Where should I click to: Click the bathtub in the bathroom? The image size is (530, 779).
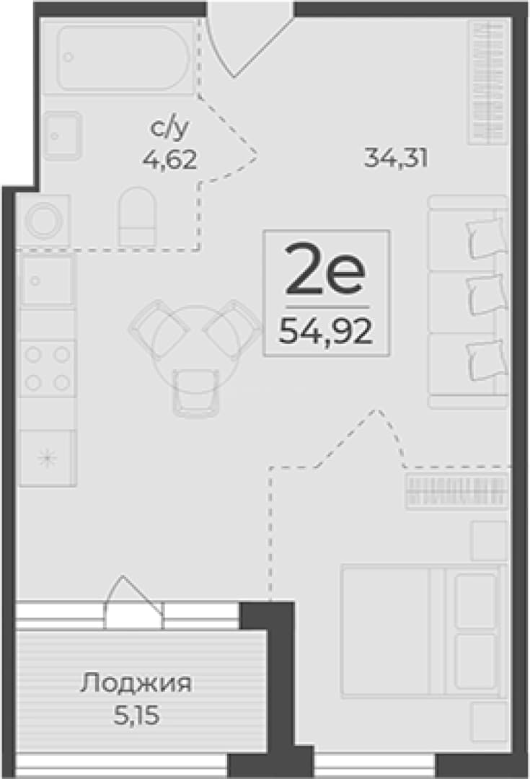[x=124, y=58]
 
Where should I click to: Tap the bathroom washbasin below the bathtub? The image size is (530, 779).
[x=62, y=135]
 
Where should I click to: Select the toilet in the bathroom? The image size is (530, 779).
[x=138, y=216]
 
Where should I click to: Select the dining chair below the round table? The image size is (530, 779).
[x=195, y=392]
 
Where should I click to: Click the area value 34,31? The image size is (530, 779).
[x=395, y=159]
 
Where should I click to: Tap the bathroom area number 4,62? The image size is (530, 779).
[x=170, y=160]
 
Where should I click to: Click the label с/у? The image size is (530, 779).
[x=170, y=128]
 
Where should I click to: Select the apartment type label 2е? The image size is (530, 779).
[x=325, y=275]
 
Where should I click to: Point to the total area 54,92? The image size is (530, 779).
[x=325, y=330]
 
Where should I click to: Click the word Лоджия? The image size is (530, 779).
[x=136, y=685]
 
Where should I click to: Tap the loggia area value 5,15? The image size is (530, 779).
[x=136, y=716]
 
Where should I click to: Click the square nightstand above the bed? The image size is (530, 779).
[x=489, y=540]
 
